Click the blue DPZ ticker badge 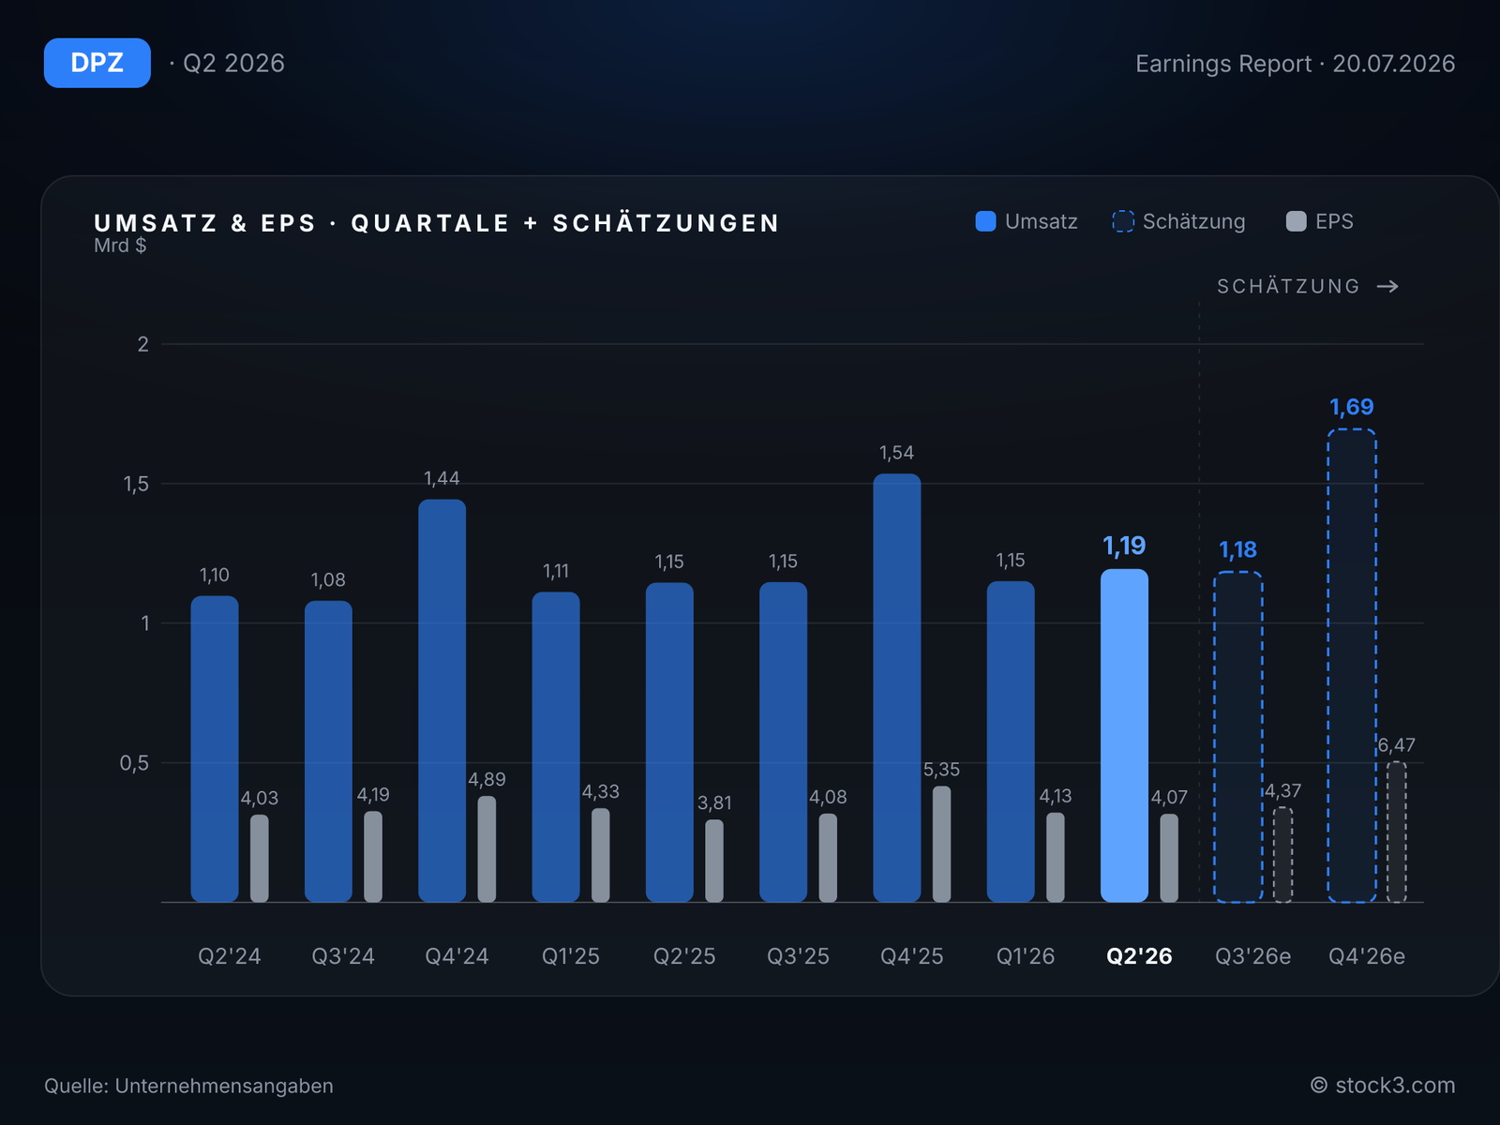(97, 63)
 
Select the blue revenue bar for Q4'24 (442, 701)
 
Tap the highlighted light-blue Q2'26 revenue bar (1124, 736)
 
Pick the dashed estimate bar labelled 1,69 (1351, 666)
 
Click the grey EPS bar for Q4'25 (941, 845)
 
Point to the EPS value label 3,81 (713, 802)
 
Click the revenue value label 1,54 (896, 453)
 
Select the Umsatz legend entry (1026, 221)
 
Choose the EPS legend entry (1319, 221)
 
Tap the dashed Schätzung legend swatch (1123, 221)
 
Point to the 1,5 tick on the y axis (135, 485)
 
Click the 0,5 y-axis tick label (134, 763)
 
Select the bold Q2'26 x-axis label (1138, 956)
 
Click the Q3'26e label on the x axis (1252, 956)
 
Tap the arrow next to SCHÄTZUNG (1387, 286)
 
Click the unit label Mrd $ (120, 246)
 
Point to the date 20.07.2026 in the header (1393, 64)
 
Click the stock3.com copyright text (1383, 1086)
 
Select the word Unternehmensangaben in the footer (224, 1086)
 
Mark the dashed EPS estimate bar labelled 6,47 (1396, 832)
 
